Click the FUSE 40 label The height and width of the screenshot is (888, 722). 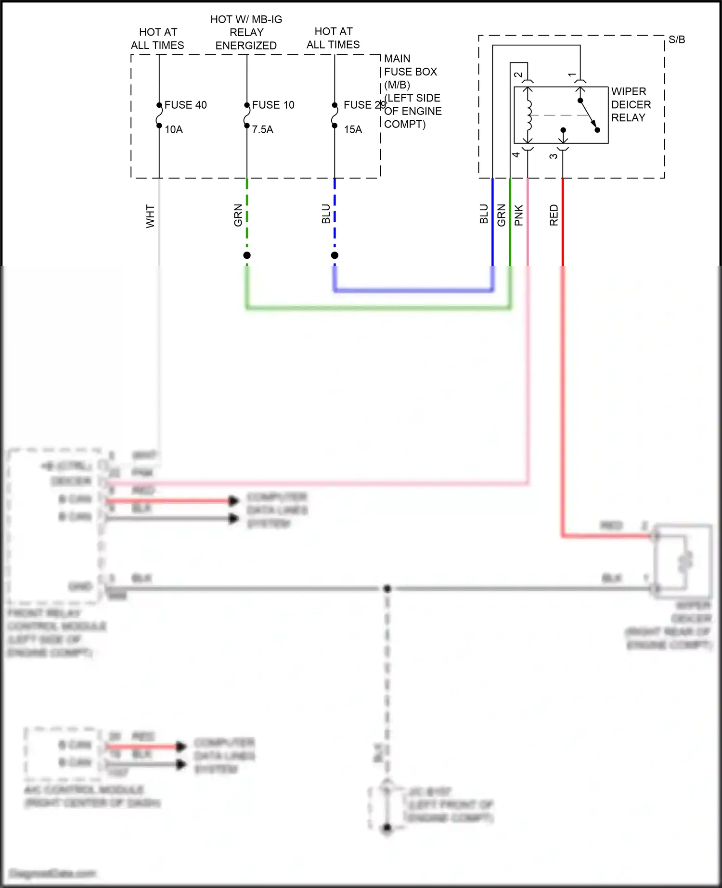point(185,105)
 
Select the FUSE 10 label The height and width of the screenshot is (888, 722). point(273,105)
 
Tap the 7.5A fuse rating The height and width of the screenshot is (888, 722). point(262,129)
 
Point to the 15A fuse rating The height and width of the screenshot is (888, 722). point(352,129)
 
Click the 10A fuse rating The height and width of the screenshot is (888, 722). point(173,129)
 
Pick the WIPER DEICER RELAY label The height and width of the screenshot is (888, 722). point(631,104)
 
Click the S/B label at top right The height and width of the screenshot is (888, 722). point(676,40)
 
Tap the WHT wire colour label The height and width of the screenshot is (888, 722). point(150,216)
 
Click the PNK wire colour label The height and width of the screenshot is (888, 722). point(518,215)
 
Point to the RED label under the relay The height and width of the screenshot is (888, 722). point(554,215)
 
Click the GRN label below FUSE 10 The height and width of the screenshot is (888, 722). point(238,215)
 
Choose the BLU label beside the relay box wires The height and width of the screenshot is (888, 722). point(484,214)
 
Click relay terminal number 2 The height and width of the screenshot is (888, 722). point(518,75)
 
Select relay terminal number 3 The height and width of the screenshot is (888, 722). point(554,156)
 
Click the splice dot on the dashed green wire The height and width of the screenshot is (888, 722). point(247,255)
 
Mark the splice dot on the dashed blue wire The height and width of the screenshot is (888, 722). point(335,255)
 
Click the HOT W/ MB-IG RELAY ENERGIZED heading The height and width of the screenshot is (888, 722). point(246,33)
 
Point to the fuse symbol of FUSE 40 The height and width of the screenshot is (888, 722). point(159,115)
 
